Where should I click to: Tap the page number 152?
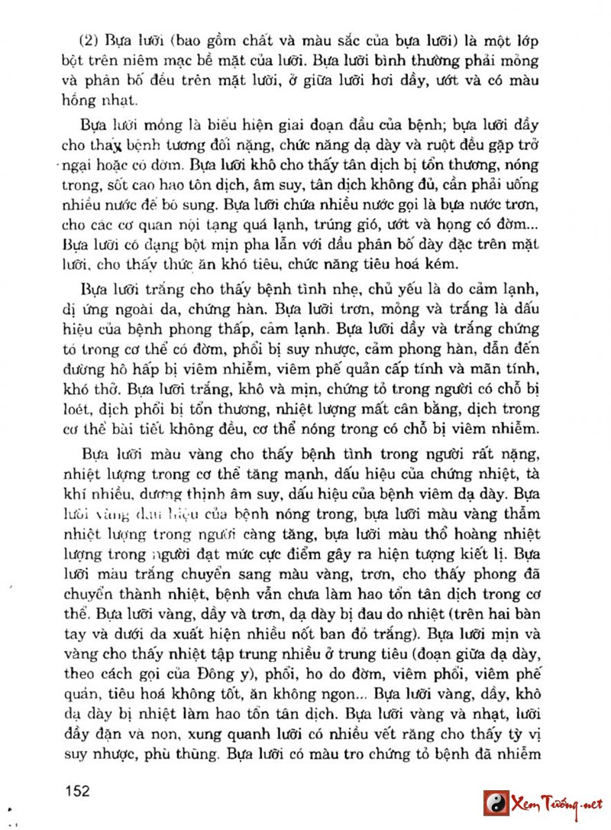(x=78, y=789)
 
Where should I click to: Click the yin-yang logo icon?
(x=497, y=802)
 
